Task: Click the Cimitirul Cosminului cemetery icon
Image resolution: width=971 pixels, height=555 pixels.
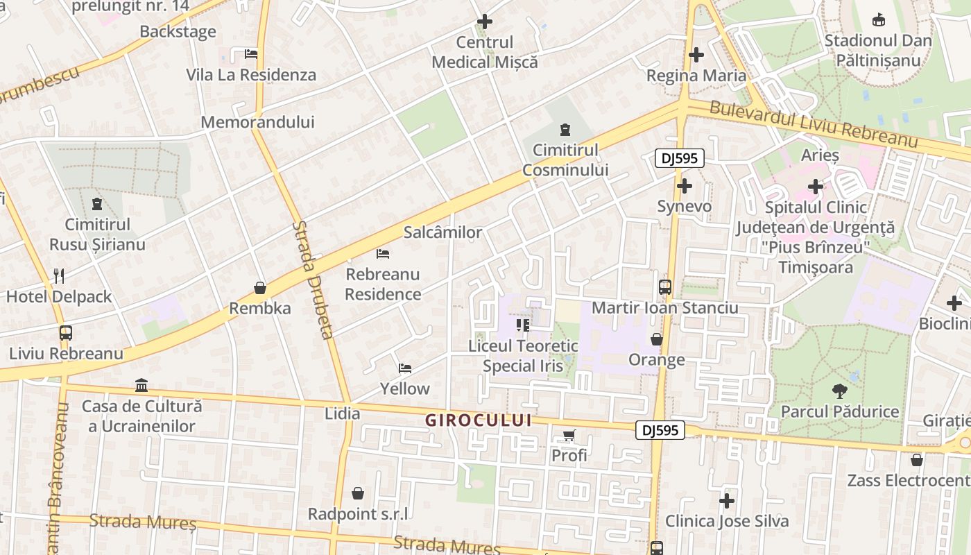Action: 565,129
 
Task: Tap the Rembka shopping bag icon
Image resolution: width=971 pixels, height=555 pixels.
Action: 260,287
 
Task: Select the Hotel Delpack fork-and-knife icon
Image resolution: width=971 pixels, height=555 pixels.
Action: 59,276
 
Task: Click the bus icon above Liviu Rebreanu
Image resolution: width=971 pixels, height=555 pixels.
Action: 66,333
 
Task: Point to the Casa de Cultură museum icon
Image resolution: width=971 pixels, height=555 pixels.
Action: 141,385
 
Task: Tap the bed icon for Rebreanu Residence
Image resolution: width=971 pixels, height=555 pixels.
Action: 383,254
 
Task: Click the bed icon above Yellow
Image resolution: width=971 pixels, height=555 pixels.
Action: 405,368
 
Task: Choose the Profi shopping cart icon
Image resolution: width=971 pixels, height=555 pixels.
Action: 569,436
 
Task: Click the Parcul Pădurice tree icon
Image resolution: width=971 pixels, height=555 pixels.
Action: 840,391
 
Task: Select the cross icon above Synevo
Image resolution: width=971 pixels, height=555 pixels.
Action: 685,186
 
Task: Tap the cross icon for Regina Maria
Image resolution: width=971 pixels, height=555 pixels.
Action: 696,55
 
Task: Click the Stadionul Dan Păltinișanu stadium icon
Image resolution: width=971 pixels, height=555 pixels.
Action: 878,19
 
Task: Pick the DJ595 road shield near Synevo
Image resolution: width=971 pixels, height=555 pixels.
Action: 680,159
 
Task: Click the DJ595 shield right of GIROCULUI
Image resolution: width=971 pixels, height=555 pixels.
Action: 660,430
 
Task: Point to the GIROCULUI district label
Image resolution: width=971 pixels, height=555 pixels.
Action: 479,420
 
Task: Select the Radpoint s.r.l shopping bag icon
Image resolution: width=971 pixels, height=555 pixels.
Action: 358,493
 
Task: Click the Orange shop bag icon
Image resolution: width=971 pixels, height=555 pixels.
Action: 657,339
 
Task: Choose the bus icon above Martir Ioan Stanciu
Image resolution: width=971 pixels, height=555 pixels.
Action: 664,287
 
